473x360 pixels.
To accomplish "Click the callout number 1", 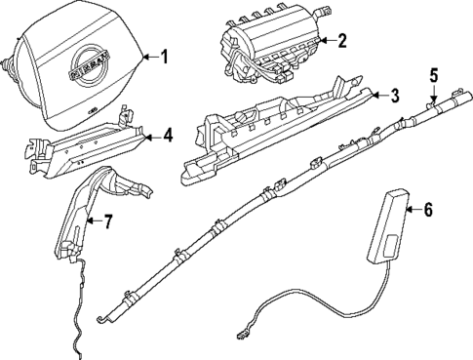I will tap(164, 57).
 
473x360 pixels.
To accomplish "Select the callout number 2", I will tap(341, 41).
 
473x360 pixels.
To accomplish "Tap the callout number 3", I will tap(395, 96).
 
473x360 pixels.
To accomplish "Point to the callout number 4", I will tap(168, 135).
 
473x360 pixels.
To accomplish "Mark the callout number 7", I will tap(108, 220).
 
